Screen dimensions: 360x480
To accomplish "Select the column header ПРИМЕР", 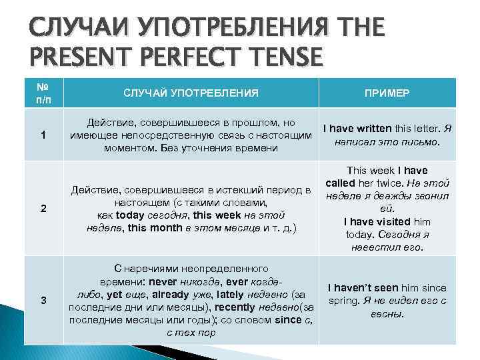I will (x=387, y=94).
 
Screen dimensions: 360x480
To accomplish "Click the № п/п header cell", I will (x=43, y=94).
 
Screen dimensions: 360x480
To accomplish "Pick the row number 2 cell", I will (x=43, y=209).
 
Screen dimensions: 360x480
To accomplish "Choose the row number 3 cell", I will (x=43, y=300).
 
